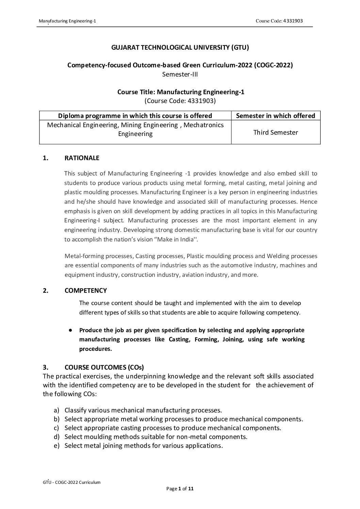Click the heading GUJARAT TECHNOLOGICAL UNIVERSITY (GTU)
click(180, 48)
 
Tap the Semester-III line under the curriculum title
click(180, 74)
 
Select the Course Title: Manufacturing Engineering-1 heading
click(181, 92)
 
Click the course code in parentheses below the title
click(180, 101)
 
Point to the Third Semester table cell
click(275, 133)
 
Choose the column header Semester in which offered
click(275, 116)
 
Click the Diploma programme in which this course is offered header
click(135, 116)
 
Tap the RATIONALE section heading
click(82, 158)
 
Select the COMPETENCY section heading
click(85, 290)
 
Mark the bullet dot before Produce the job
click(69, 330)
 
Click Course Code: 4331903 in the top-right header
click(279, 21)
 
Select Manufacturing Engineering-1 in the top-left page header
click(67, 21)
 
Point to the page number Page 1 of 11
click(180, 489)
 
